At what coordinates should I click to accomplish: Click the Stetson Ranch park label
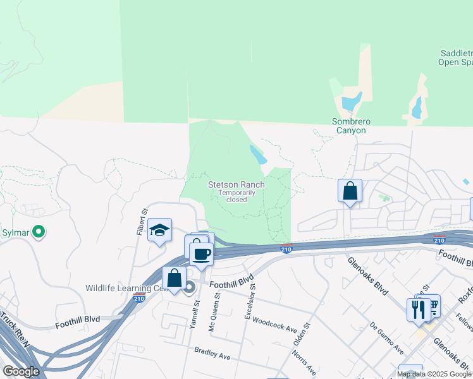click(x=236, y=184)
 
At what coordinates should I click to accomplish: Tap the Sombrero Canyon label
click(x=349, y=126)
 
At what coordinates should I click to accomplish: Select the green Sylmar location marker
click(x=39, y=232)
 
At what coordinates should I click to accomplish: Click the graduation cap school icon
click(x=160, y=231)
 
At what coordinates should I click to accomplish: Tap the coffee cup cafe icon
click(x=201, y=255)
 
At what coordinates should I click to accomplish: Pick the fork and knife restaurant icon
click(x=418, y=310)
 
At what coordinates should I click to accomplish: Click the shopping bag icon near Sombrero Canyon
click(x=350, y=191)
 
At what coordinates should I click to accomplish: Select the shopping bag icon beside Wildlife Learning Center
click(x=174, y=277)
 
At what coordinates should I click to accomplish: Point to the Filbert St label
click(x=142, y=222)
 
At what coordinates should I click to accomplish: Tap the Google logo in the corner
click(x=21, y=371)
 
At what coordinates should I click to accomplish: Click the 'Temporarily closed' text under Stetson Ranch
click(x=236, y=196)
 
